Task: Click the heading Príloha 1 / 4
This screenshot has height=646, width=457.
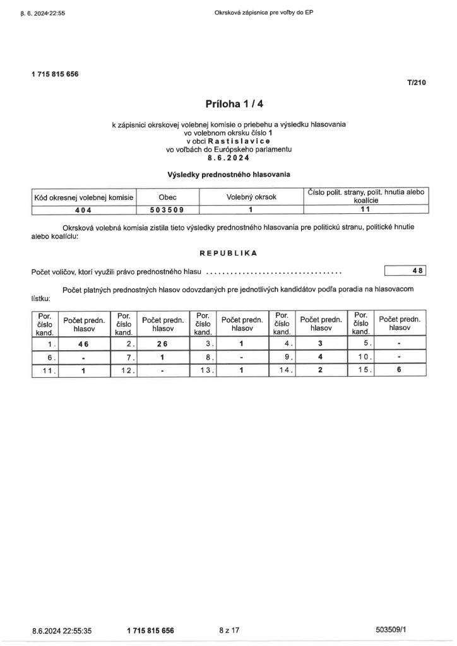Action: pos(228,103)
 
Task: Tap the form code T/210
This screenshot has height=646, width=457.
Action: pos(417,82)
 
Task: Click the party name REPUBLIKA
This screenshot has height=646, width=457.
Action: pos(228,253)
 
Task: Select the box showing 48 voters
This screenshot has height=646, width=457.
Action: pos(406,271)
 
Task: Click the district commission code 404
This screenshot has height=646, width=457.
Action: pos(83,210)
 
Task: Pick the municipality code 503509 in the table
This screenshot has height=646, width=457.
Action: pos(167,210)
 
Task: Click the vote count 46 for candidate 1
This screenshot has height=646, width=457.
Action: pos(83,344)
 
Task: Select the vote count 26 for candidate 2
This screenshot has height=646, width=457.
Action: pos(162,344)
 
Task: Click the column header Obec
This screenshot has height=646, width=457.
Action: pos(167,197)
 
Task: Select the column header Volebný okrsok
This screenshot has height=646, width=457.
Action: pos(251,197)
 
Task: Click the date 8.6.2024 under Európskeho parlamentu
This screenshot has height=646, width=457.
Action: pos(228,158)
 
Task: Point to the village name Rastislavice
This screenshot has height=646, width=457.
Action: pos(241,142)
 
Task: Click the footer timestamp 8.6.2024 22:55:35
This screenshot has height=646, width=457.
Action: pos(62,630)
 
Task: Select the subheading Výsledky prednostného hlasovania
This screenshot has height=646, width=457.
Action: pos(228,174)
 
